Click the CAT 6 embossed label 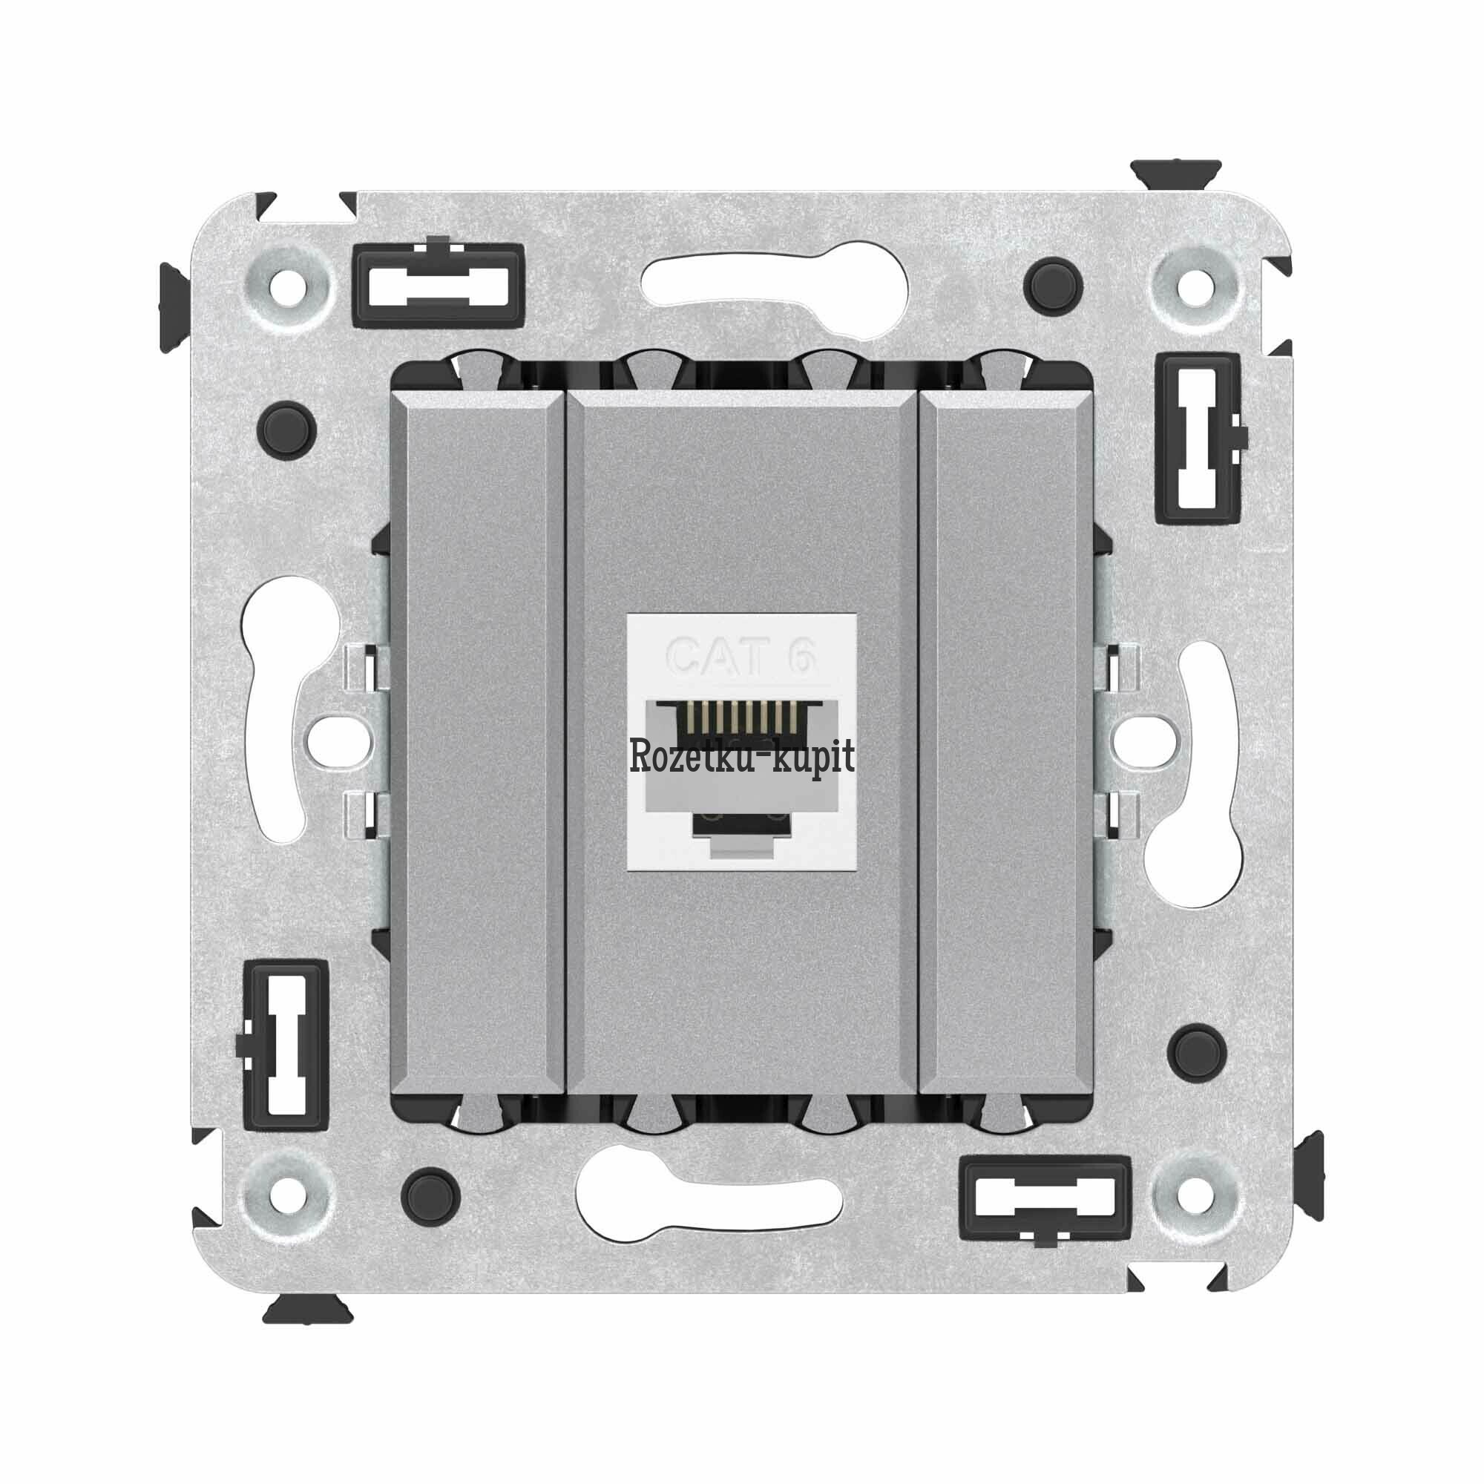[740, 656]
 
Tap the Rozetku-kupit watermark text [741, 757]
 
